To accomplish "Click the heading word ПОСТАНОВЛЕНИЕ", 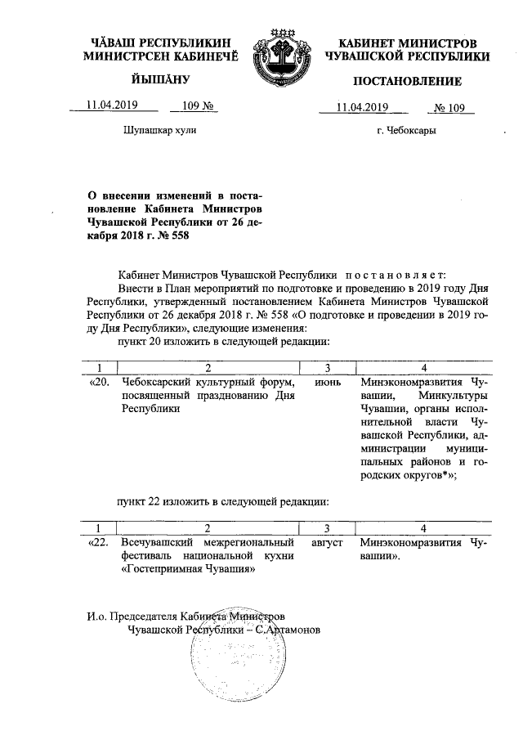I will click(407, 81).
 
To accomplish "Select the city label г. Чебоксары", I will click(406, 131).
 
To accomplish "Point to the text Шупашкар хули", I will click(159, 131).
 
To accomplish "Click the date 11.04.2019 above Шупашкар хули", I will click(113, 105).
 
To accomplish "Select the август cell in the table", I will click(327, 541).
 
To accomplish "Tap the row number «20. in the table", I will click(96, 382).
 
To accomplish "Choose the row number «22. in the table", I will click(96, 541).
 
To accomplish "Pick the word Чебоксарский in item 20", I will click(160, 382).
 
